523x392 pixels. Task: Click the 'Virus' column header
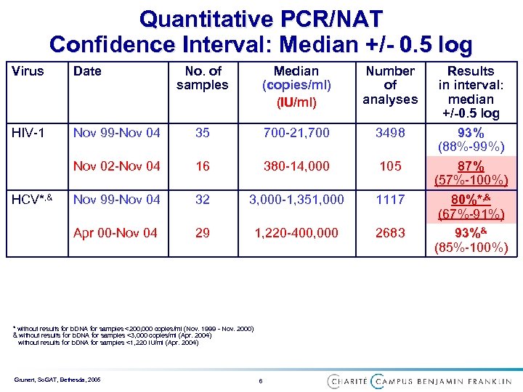(28, 71)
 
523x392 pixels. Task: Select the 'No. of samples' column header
(203, 78)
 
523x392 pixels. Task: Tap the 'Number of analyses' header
(390, 85)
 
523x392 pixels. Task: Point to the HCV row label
(31, 200)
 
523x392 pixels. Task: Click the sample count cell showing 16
(203, 166)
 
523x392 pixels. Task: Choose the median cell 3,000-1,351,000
(296, 200)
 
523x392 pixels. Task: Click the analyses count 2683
(390, 233)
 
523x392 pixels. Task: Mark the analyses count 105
(390, 166)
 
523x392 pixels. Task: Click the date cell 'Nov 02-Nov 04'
(116, 166)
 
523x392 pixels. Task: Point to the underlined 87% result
(471, 166)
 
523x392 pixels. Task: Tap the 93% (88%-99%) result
(471, 139)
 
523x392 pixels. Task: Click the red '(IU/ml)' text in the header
(296, 102)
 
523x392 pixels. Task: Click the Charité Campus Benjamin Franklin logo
(420, 380)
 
